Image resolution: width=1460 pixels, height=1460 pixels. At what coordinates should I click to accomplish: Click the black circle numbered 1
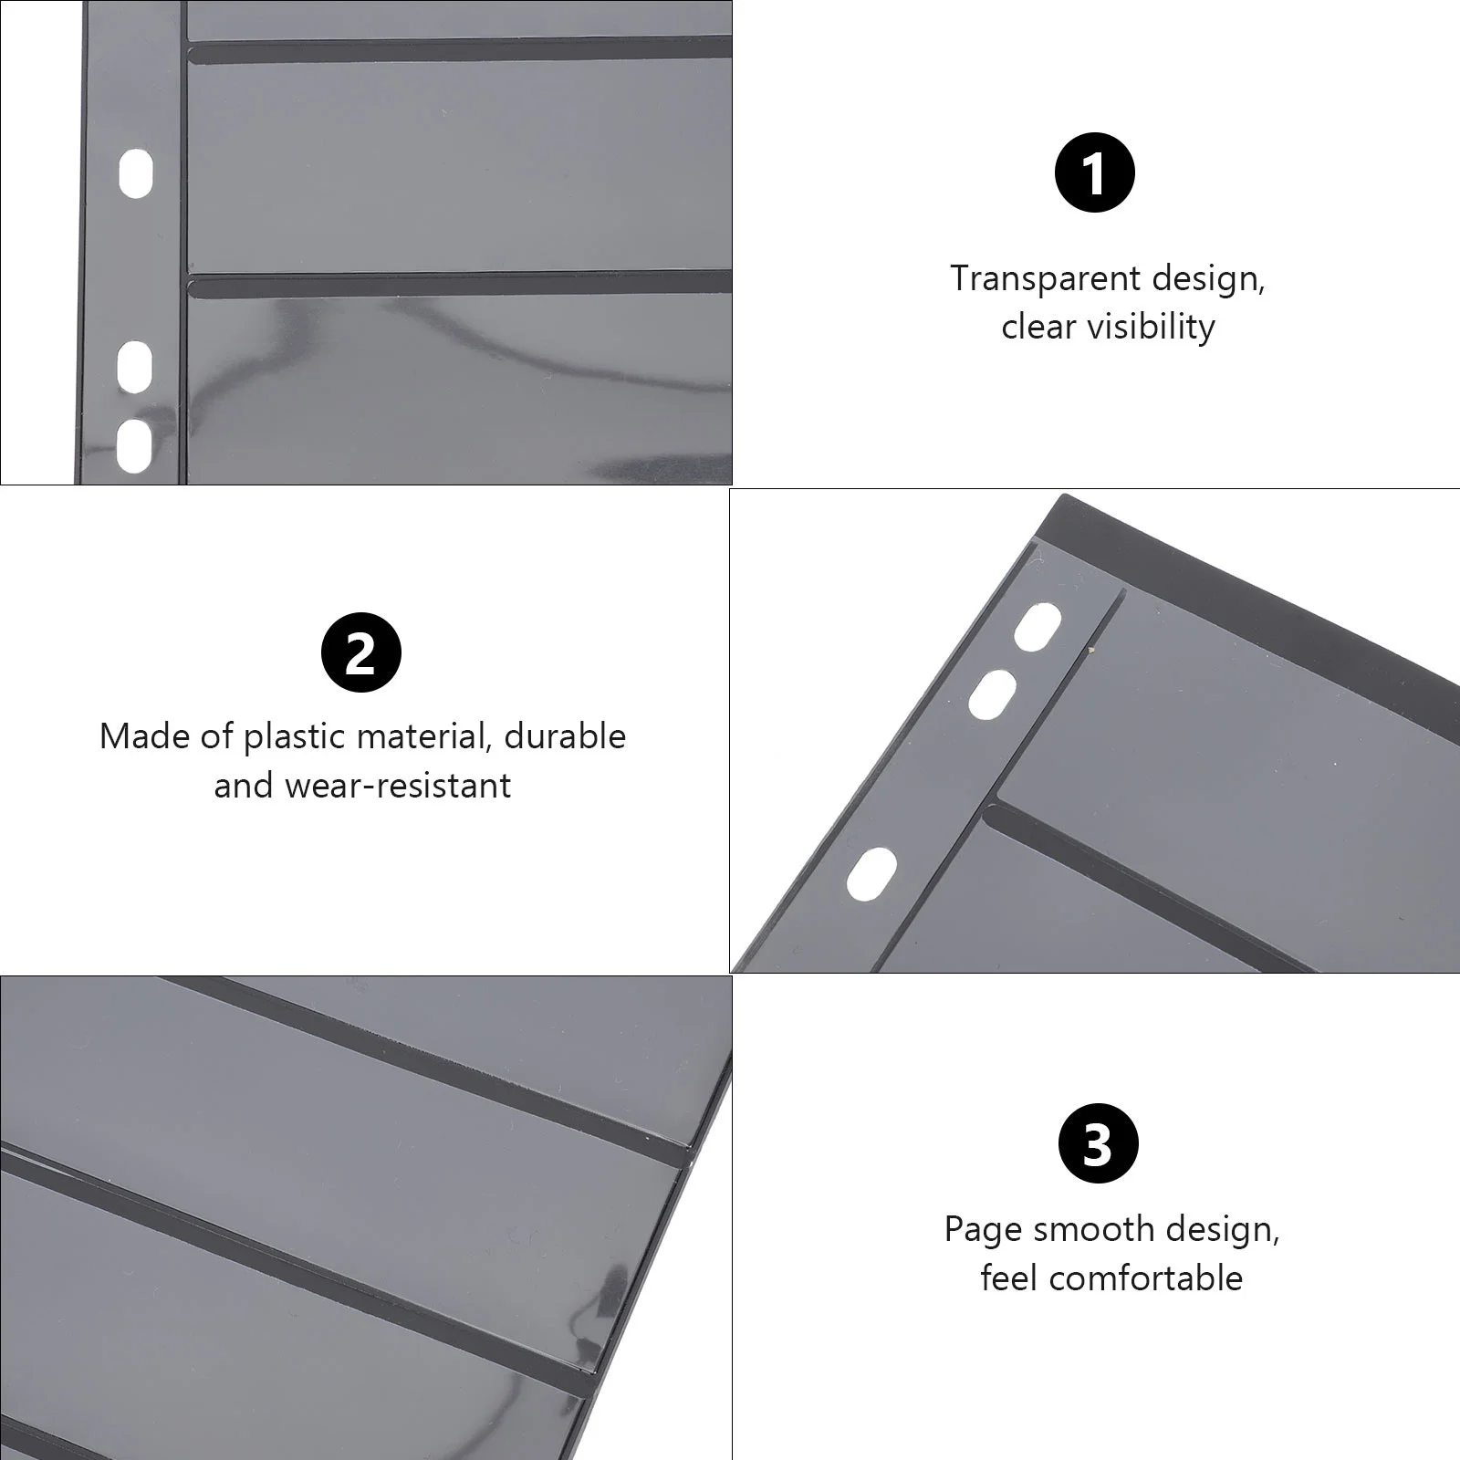coord(1094,172)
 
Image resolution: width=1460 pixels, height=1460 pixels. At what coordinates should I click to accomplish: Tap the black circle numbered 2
coord(361,652)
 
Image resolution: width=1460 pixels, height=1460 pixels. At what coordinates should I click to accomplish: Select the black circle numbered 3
coord(1098,1143)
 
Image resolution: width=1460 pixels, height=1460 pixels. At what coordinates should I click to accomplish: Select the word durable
coord(565,736)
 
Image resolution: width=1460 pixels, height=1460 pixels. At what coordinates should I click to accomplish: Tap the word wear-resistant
coord(398,786)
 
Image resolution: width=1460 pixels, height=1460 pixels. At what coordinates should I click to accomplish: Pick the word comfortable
coord(1145,1278)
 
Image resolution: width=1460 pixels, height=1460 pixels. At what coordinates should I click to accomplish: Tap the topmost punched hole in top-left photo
coord(136,173)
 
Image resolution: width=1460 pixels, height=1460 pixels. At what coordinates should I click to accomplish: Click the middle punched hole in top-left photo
coord(135,367)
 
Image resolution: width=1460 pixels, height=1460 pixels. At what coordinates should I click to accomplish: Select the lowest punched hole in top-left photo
coord(134,445)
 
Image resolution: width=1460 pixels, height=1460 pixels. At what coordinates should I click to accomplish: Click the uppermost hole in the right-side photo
coord(1038,627)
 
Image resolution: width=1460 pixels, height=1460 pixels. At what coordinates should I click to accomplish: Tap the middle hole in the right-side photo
coord(992,695)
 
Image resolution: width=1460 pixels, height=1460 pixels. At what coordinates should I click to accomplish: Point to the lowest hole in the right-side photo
coord(871,873)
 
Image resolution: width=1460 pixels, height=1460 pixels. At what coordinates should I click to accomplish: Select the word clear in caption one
coord(1037,327)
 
